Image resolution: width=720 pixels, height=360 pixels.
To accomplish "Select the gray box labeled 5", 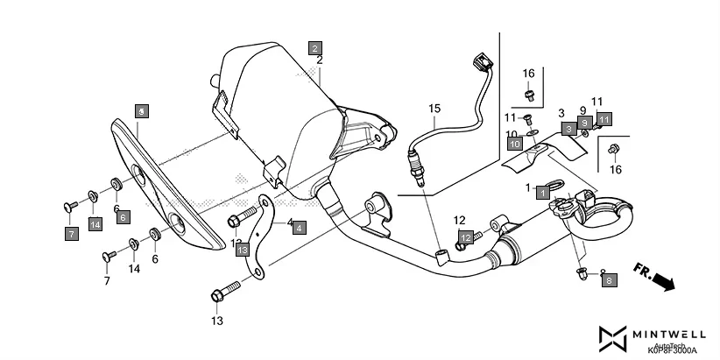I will pyautogui.click(x=142, y=110).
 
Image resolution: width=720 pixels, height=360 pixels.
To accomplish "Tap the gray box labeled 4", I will pyautogui.click(x=299, y=227).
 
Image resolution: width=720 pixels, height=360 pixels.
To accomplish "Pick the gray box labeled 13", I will pyautogui.click(x=243, y=250).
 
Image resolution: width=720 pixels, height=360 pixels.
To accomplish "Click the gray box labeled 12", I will pyautogui.click(x=467, y=236).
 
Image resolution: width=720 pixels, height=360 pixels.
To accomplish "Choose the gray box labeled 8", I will pyautogui.click(x=609, y=280).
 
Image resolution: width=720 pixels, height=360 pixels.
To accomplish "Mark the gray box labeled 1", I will pyautogui.click(x=543, y=189).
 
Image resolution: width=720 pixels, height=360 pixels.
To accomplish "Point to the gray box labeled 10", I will pyautogui.click(x=514, y=142).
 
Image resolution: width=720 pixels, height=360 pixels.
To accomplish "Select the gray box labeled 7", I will pyautogui.click(x=70, y=233).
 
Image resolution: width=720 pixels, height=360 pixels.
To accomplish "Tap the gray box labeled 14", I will pyautogui.click(x=95, y=225).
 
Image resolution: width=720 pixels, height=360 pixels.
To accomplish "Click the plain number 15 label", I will pyautogui.click(x=432, y=108).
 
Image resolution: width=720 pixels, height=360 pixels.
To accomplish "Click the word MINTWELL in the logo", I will pyautogui.click(x=670, y=335).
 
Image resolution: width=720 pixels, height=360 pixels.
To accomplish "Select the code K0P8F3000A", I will pyautogui.click(x=672, y=349).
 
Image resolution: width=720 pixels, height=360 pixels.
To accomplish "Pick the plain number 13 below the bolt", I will pyautogui.click(x=217, y=321).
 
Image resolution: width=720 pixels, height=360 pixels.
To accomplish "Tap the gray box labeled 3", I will pyautogui.click(x=568, y=129).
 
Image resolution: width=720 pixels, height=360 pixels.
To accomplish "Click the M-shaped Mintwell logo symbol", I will pyautogui.click(x=611, y=337).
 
